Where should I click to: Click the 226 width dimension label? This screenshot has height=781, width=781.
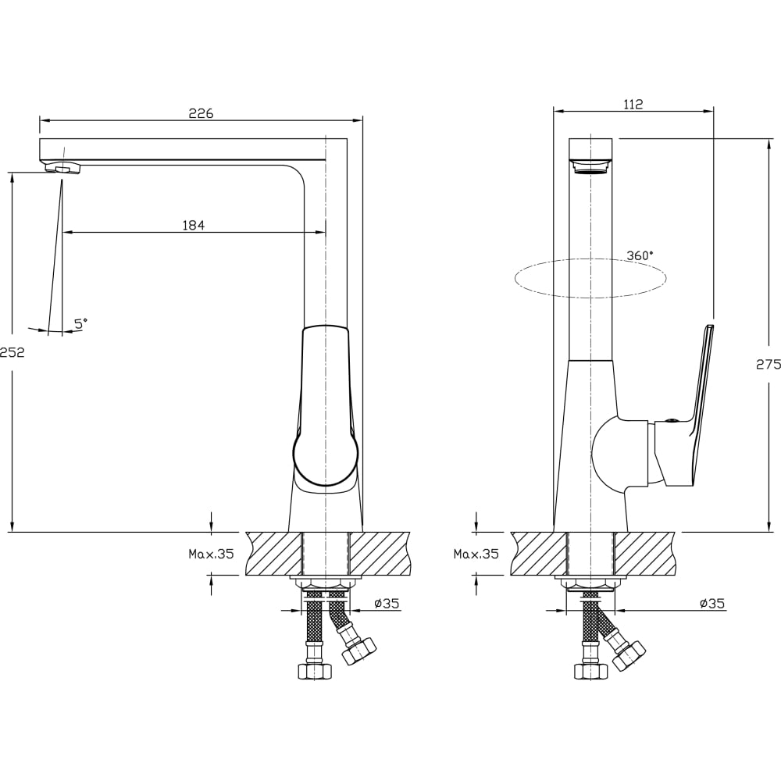pos(201,113)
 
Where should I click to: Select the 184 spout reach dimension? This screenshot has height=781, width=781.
pos(193,226)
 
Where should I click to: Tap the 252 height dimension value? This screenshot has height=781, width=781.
pos(12,352)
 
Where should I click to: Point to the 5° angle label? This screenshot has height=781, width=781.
pos(80,323)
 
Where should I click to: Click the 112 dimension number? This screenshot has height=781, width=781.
pos(633,104)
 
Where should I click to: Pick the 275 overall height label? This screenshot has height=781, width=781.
pos(769,364)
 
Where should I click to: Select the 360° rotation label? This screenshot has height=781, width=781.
pos(640,255)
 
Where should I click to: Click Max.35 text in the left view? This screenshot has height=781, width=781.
pos(211,554)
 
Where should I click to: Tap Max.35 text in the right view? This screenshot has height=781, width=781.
pos(476,554)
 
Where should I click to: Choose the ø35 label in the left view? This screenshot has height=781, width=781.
pos(387,604)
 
